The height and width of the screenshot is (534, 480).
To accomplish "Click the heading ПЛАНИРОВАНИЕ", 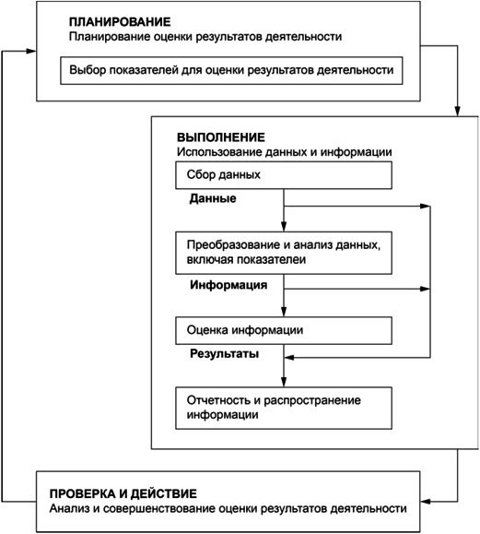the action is (x=120, y=22).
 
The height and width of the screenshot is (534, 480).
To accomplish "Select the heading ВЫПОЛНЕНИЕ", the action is (x=221, y=137).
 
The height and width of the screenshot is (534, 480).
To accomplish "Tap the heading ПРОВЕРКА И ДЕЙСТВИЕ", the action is (x=123, y=493).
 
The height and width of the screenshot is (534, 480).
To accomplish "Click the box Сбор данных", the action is (x=284, y=175).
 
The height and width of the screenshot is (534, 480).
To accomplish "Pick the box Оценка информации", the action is (x=284, y=330).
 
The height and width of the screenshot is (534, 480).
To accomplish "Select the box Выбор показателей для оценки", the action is (x=231, y=70).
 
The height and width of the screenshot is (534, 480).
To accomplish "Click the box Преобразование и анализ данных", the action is (x=284, y=253).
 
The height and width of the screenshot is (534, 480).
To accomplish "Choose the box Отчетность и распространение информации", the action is (x=284, y=408).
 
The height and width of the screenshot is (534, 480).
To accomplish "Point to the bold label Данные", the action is (x=213, y=198).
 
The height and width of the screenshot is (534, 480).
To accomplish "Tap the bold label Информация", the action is (x=228, y=285).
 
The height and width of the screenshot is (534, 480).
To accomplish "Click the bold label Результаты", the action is (x=224, y=354).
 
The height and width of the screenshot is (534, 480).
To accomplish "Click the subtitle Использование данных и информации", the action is (x=284, y=152).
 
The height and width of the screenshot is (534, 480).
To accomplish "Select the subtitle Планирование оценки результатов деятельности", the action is (x=205, y=37).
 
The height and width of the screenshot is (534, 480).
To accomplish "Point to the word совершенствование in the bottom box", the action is (x=158, y=508).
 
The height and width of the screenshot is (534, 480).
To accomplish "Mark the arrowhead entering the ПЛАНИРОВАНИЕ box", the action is (x=31, y=51).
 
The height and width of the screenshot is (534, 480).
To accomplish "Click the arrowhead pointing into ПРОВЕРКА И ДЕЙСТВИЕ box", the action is (x=426, y=502).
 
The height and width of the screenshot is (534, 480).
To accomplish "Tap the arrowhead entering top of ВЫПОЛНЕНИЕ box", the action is (x=458, y=112).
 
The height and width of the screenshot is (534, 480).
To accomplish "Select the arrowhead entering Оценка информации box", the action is (x=284, y=312).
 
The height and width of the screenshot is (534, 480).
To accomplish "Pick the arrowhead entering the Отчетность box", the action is (x=284, y=382).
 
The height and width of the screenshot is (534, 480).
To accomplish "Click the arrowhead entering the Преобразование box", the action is (x=284, y=227).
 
